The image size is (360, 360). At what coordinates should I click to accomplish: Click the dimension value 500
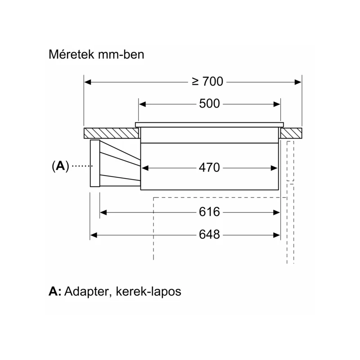coord(209,104)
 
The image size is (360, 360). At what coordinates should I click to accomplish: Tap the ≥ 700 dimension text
coord(207,82)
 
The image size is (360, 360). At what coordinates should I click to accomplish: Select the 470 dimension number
coord(209,167)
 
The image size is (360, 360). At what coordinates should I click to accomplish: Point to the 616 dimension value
coord(209,212)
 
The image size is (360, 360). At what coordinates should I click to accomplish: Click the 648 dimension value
coord(209,234)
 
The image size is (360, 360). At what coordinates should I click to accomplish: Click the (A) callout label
coord(60,166)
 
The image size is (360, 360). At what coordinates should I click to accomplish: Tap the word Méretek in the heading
coord(72,54)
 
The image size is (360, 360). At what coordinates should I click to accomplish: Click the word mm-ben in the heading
coord(121,54)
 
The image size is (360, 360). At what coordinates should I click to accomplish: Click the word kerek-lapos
coord(148,292)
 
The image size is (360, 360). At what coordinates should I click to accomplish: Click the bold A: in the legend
coord(55,291)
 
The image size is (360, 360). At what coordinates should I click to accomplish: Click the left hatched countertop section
coord(111,133)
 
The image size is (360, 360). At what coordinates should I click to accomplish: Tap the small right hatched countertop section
coord(291,133)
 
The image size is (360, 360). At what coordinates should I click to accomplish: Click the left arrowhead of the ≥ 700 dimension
coord(88,82)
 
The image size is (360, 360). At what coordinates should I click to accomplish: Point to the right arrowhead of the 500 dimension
coord(277,104)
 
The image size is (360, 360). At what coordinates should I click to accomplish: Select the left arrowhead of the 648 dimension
coord(94,235)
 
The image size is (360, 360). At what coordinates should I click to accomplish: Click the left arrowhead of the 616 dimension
coord(103,212)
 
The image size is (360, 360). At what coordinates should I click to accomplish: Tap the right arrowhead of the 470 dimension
coord(274,168)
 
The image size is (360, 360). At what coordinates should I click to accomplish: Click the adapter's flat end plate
coord(95,163)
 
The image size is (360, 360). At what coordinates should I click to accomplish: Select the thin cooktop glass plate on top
coord(209,125)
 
